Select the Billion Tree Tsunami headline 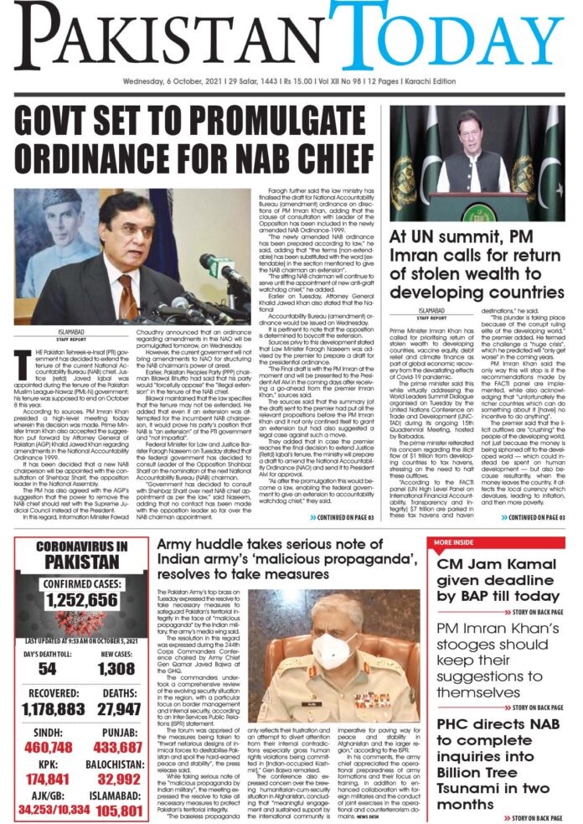click(501, 763)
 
